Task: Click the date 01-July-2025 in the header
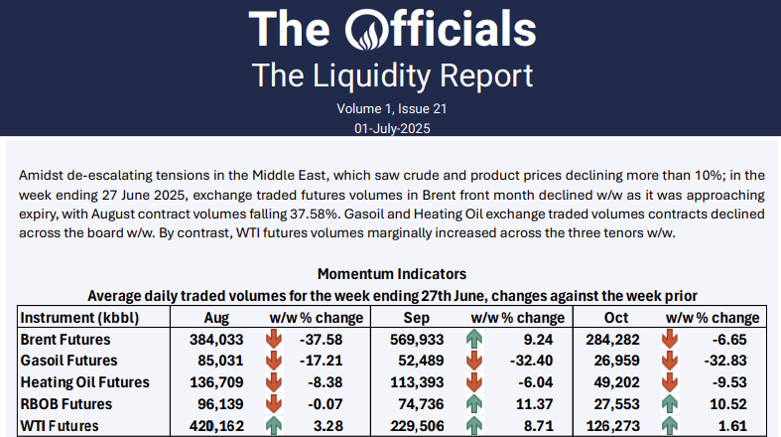pyautogui.click(x=390, y=128)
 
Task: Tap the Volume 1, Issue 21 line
pyautogui.click(x=390, y=108)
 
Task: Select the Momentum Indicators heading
pyautogui.click(x=391, y=273)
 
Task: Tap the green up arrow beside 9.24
pyautogui.click(x=473, y=339)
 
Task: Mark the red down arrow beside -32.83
pyautogui.click(x=672, y=361)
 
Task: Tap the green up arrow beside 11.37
pyautogui.click(x=473, y=405)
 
